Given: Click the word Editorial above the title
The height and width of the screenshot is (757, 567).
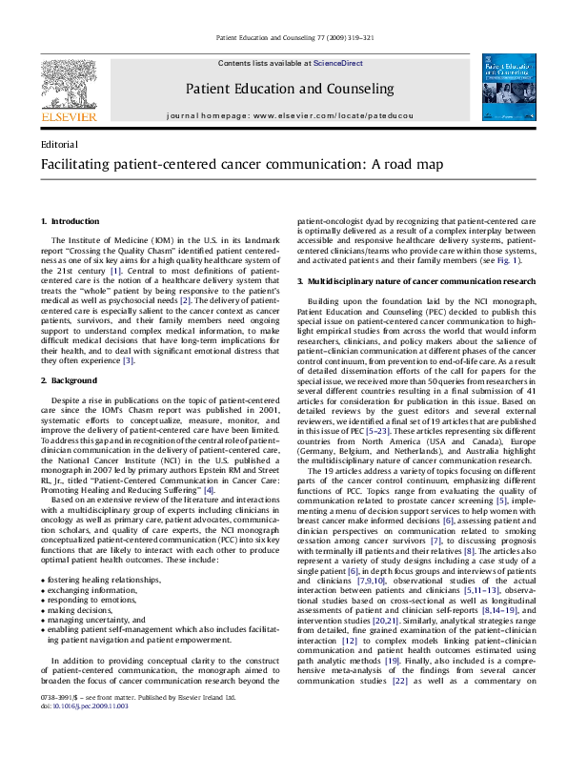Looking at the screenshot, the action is point(60,143).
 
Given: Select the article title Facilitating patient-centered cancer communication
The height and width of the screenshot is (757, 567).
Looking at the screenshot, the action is point(229,164).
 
